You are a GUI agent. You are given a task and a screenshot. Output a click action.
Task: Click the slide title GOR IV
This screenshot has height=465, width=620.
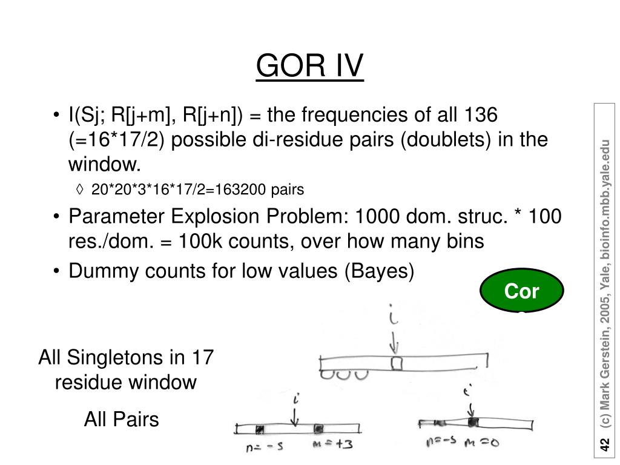(x=310, y=65)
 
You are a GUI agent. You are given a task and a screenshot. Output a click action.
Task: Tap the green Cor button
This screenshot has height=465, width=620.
(x=521, y=293)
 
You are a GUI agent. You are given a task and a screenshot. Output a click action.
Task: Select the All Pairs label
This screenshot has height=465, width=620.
(x=121, y=419)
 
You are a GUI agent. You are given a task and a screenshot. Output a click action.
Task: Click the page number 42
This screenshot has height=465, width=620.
(x=604, y=446)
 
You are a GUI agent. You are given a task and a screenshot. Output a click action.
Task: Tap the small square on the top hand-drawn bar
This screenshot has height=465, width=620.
(x=397, y=363)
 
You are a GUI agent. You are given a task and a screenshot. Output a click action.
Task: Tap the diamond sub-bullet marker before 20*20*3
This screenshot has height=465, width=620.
(x=81, y=190)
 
